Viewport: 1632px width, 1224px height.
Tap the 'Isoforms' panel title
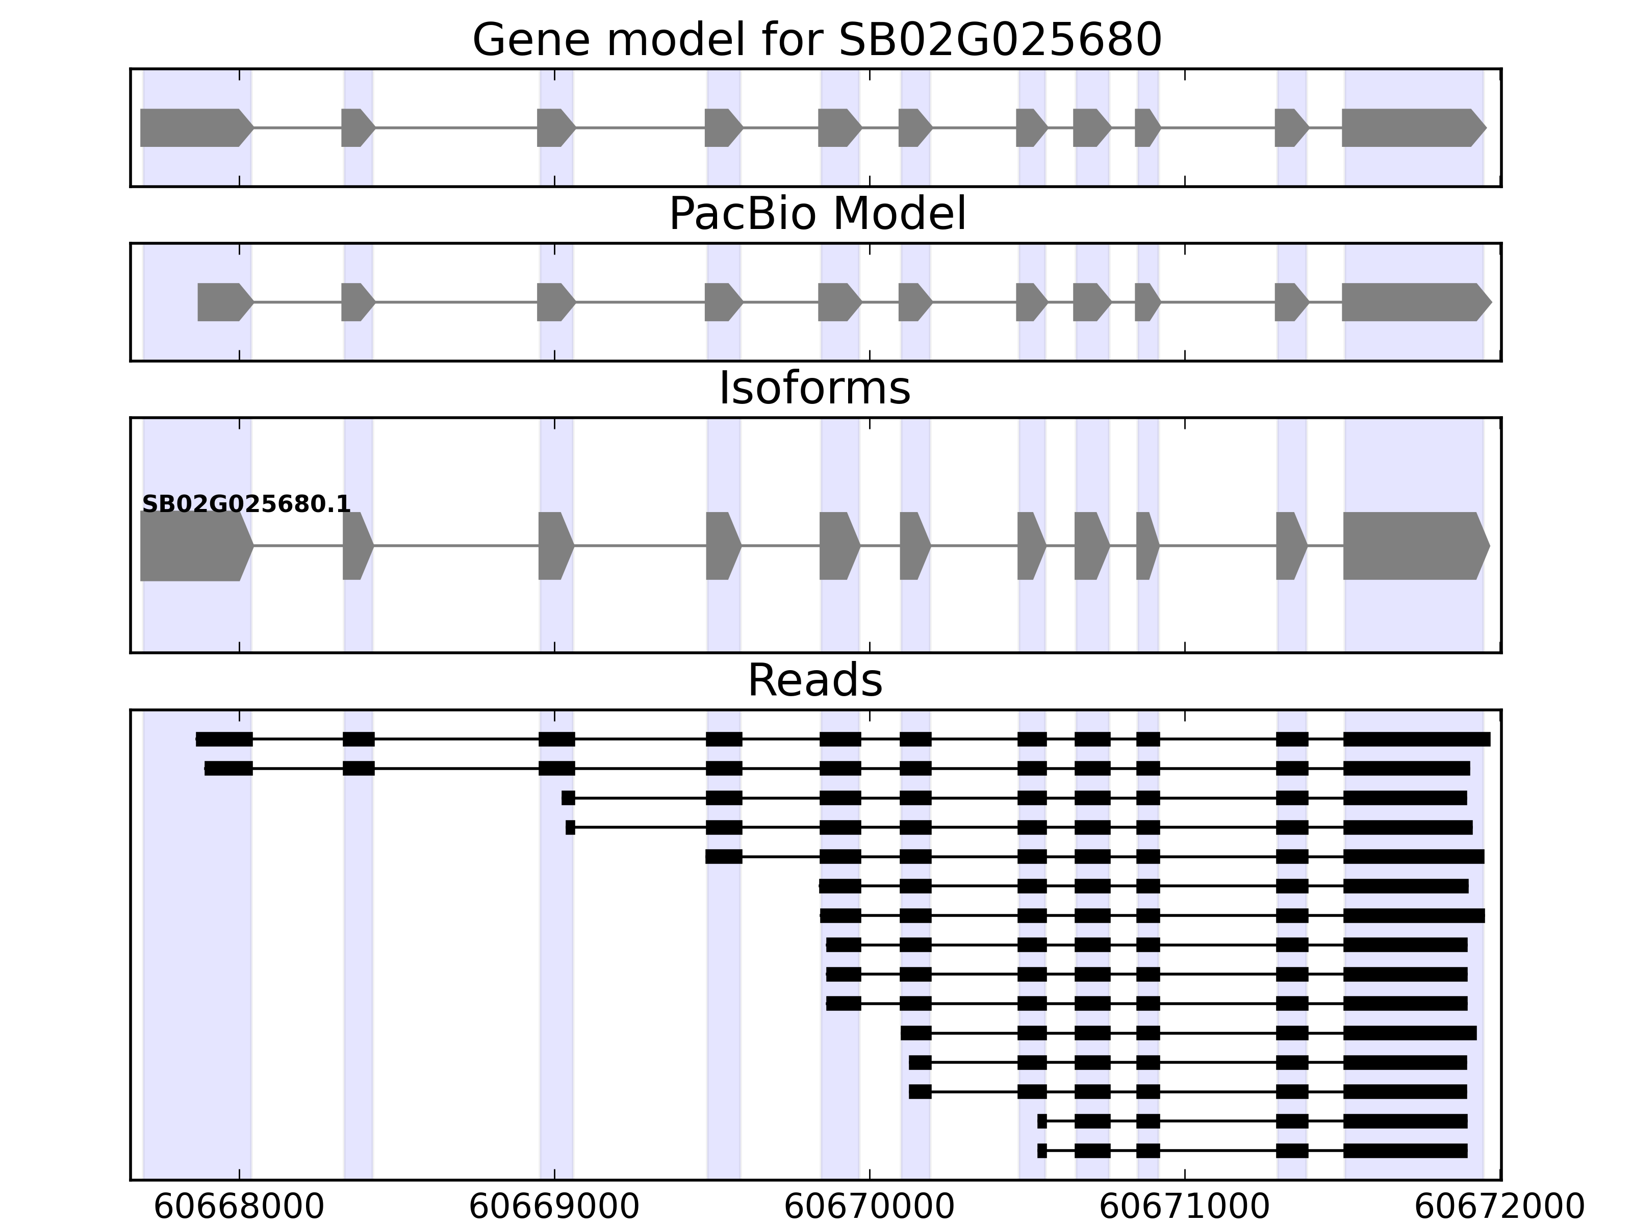click(814, 388)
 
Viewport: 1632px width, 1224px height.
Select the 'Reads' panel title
click(814, 680)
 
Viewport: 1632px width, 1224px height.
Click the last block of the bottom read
click(1405, 1151)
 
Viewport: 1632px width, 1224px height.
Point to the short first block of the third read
click(568, 798)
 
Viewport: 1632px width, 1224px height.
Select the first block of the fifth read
click(724, 857)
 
